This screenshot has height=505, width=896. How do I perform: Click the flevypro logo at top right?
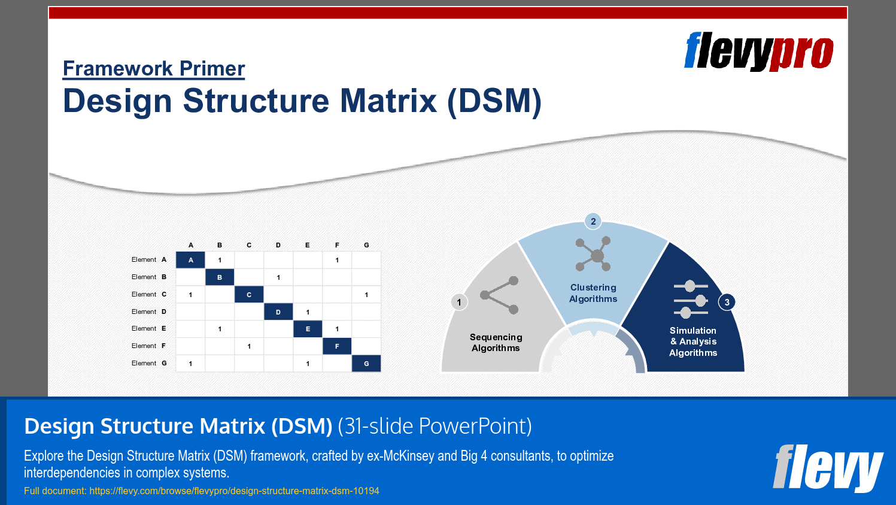[758, 52]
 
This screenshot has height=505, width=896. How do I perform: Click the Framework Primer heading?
[154, 69]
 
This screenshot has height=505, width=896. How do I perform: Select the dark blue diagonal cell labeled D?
[278, 312]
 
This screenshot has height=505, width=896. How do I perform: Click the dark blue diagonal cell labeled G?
[366, 364]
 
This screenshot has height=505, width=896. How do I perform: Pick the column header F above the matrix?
[337, 245]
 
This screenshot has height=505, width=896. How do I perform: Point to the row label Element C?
[149, 294]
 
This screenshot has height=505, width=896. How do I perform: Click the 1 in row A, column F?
[337, 260]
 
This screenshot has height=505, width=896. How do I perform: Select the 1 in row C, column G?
[366, 295]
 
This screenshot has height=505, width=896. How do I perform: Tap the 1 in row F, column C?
[249, 346]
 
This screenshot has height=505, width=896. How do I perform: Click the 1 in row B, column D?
[278, 277]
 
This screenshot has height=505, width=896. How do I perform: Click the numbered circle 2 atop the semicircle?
[593, 221]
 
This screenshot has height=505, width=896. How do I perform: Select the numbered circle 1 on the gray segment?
[459, 302]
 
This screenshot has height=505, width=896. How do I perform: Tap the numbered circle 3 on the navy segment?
[727, 302]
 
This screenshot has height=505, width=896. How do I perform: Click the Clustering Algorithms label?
[593, 293]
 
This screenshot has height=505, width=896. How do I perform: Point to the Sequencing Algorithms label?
[496, 343]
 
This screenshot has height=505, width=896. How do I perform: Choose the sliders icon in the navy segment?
[691, 300]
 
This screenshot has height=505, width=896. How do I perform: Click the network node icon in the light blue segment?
[594, 254]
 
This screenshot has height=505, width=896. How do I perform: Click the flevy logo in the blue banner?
[827, 467]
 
